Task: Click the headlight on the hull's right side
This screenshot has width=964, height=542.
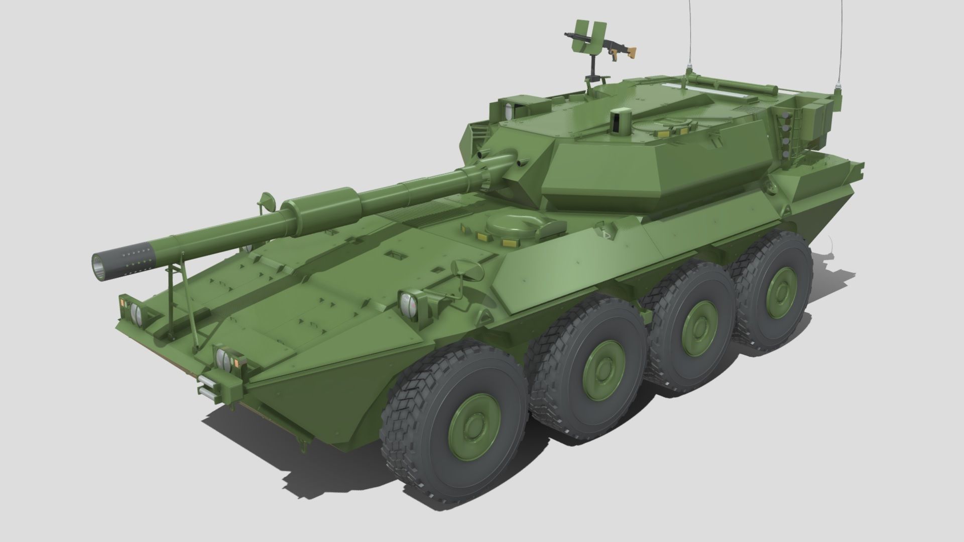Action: [409, 302]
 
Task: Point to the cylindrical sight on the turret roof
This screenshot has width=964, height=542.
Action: [622, 122]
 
